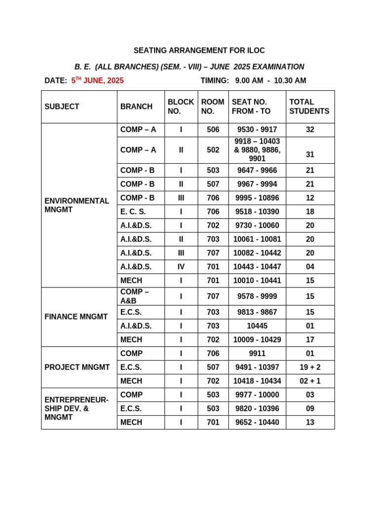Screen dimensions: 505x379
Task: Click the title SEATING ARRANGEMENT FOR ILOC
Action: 199,51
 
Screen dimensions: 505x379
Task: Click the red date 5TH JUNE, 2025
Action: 98,80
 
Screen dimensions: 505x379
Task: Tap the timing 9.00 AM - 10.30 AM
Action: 270,80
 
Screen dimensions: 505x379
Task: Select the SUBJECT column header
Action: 62,107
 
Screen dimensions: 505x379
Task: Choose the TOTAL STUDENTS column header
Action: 309,107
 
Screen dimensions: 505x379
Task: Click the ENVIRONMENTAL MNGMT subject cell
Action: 77,205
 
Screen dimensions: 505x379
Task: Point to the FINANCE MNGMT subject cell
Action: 76,317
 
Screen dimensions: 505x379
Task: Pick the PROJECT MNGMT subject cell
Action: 77,367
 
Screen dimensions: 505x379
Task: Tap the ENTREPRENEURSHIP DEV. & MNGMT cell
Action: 76,408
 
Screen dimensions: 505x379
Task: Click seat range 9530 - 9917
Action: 257,130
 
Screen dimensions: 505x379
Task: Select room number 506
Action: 213,130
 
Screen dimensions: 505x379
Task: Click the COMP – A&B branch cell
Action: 135,296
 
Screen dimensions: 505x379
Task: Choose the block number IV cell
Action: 181,267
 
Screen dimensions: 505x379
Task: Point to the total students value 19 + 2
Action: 310,367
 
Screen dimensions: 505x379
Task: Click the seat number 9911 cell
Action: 257,354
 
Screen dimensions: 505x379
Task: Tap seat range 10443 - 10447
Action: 257,267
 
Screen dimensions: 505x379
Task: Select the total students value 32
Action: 310,130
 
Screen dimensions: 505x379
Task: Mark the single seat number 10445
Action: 257,326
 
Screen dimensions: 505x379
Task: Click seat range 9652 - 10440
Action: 257,423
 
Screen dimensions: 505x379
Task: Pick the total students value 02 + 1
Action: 310,381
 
